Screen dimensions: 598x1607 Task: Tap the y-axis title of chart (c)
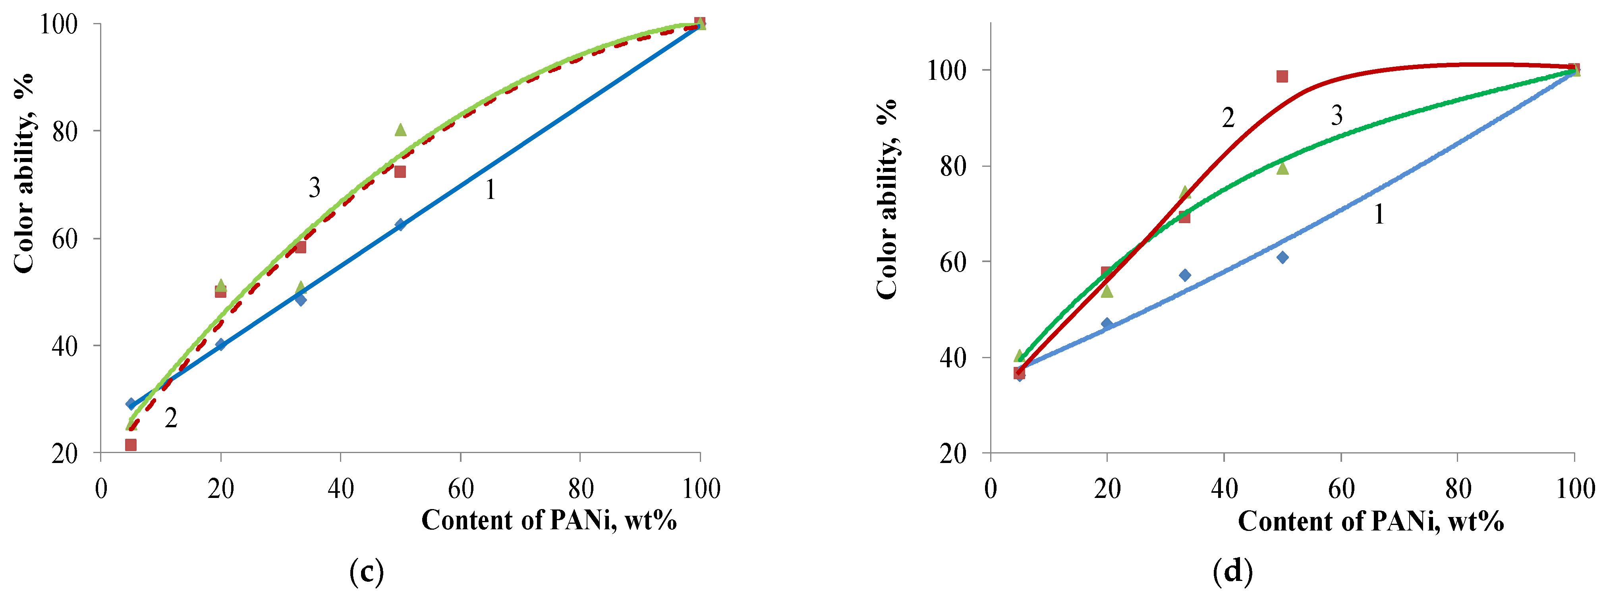click(24, 174)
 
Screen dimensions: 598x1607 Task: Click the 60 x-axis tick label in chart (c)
click(460, 489)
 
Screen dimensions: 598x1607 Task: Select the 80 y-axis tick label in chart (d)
click(952, 166)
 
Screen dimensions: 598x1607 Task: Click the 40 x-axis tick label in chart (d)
click(1224, 489)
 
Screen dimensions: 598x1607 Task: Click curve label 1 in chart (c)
click(491, 189)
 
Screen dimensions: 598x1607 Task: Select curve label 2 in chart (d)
click(1228, 117)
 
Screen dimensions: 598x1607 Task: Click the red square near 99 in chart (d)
click(1282, 77)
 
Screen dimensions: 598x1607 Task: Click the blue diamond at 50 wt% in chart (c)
click(400, 224)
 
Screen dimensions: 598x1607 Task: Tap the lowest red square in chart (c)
click(130, 445)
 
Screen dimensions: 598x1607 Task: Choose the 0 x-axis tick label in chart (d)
click(991, 489)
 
